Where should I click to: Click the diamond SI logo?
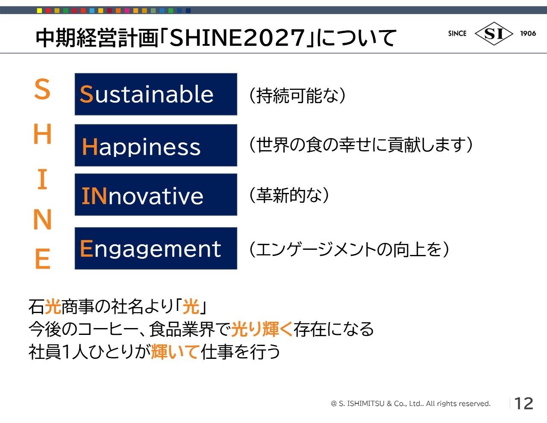pos(494,33)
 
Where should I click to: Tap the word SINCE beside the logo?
pos(457,33)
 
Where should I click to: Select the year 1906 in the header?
pos(528,33)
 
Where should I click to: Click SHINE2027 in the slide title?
pos(237,38)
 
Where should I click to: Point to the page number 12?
pos(524,403)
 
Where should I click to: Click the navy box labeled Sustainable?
pos(156,94)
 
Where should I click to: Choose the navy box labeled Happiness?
pos(156,145)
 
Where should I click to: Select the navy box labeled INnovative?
pos(156,195)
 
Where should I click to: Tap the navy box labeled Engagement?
pos(156,248)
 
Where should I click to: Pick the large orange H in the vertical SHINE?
pos(42,134)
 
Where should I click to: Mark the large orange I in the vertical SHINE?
pos(42,179)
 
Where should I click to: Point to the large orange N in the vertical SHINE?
pos(42,219)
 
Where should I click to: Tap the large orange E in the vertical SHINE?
pos(43,258)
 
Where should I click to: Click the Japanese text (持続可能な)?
pos(297,95)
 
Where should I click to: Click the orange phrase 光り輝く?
pos(262,329)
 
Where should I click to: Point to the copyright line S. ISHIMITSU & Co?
pos(411,404)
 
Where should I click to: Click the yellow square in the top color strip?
pos(39,11)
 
